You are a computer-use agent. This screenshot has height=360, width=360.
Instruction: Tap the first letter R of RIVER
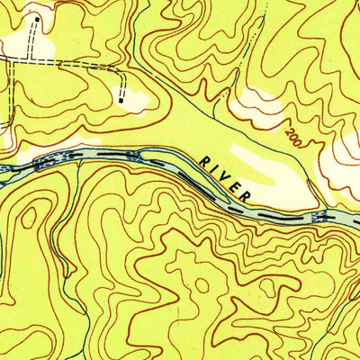[206, 159]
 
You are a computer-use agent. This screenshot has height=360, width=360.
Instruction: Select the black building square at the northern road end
[37, 17]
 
